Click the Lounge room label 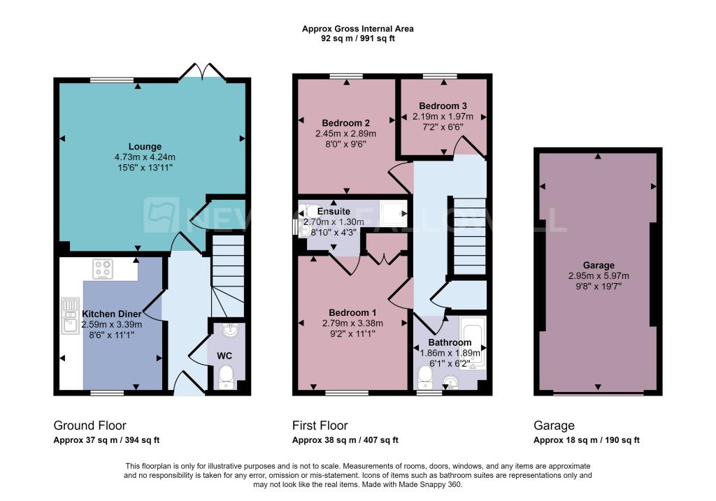coord(145,147)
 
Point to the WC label coord(224,356)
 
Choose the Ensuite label coord(334,211)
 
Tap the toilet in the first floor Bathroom coord(424,378)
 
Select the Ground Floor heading coord(90,426)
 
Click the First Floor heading coord(320,426)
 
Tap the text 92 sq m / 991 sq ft coord(357,39)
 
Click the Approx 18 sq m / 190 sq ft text coord(586,440)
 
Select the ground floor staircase coord(228,276)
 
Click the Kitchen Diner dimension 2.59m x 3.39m coord(112,325)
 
